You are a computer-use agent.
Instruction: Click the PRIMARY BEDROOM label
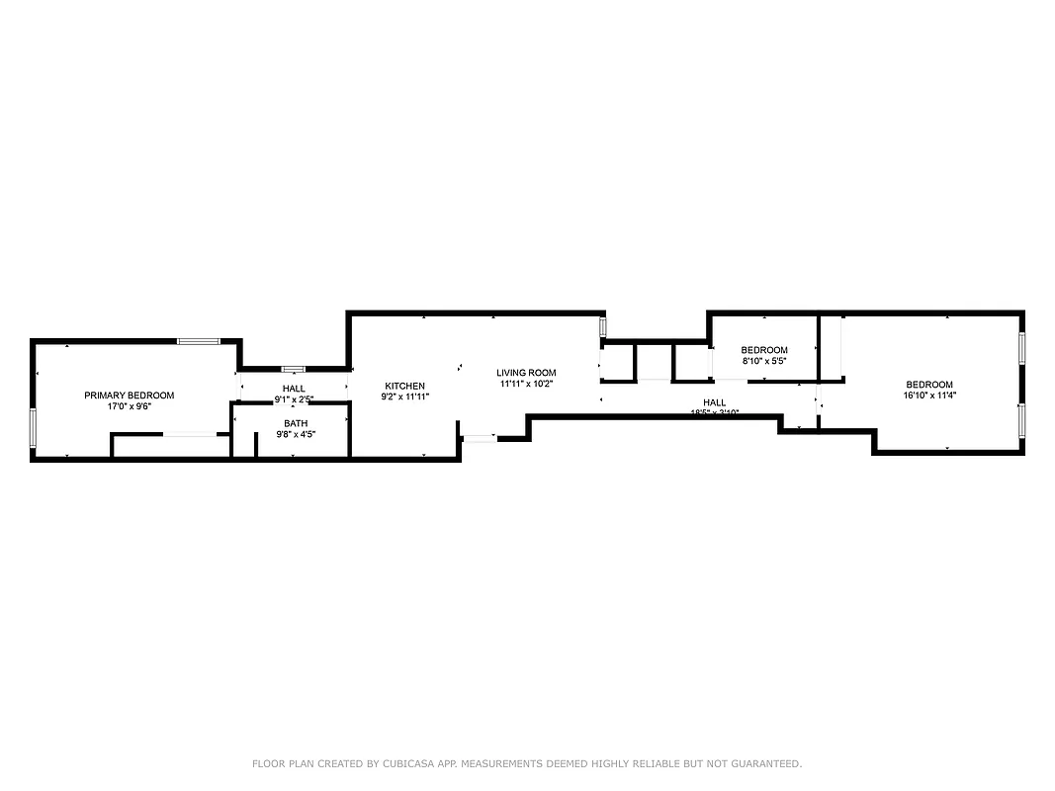tap(129, 395)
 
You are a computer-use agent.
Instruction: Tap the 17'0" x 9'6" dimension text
tap(129, 406)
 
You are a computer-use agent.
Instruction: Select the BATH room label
tap(296, 423)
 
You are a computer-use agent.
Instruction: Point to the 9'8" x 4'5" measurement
tap(296, 434)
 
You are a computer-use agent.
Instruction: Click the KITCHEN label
tap(405, 386)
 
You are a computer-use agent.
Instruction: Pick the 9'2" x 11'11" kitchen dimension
tap(405, 396)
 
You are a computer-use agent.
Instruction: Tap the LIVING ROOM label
tap(526, 373)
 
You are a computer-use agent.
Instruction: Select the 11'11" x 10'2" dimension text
tap(526, 384)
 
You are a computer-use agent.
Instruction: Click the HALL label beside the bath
tap(294, 389)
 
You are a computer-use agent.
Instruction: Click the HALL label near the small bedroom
tap(715, 402)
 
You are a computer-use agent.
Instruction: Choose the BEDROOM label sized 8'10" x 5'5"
tap(764, 350)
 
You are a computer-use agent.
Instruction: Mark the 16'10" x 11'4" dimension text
tap(929, 395)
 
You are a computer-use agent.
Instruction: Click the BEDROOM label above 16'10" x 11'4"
tap(929, 385)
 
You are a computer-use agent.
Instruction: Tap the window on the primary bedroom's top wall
tap(197, 341)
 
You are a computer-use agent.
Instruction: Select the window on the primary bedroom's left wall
tap(33, 427)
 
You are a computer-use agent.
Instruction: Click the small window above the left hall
tap(294, 369)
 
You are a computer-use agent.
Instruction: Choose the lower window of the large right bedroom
tap(1021, 420)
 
